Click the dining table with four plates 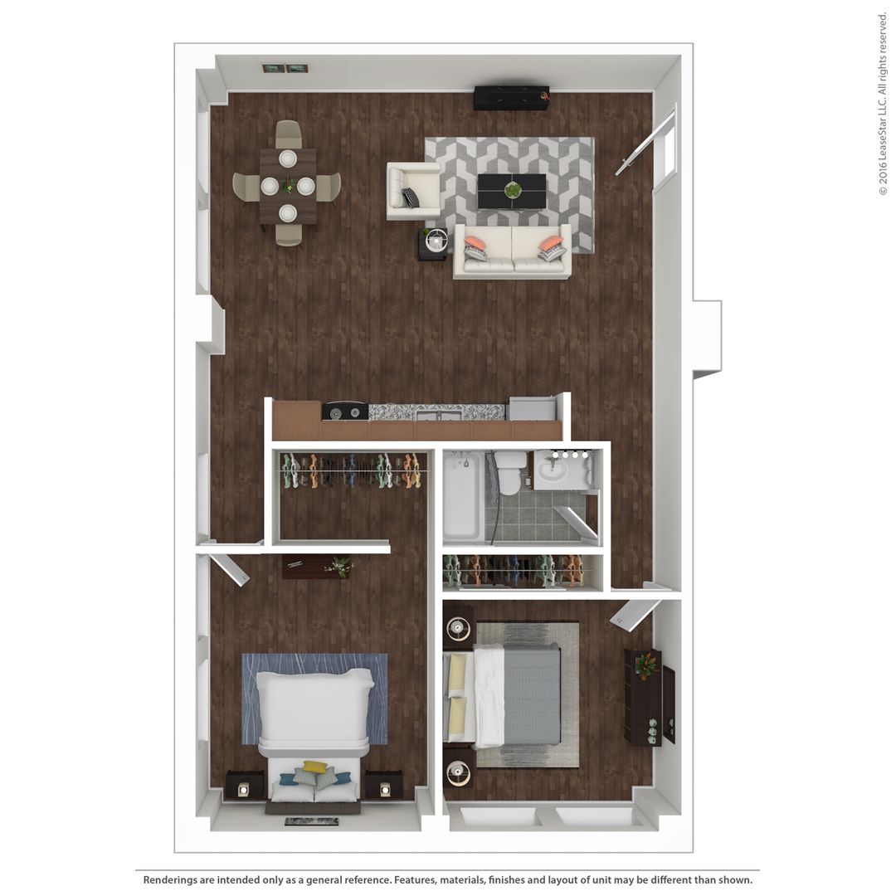[288, 186]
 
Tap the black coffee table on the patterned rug [512, 192]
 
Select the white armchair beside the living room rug [412, 191]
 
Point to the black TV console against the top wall [511, 98]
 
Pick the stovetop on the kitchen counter [345, 410]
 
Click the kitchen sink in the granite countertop [440, 412]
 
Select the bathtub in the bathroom [461, 494]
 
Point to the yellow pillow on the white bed [314, 767]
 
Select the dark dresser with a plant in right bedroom [642, 697]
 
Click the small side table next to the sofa [433, 243]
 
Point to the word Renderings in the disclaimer [171, 879]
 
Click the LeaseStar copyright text [883, 104]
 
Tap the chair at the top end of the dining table [288, 133]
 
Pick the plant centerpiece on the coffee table [513, 190]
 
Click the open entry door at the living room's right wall [645, 142]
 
